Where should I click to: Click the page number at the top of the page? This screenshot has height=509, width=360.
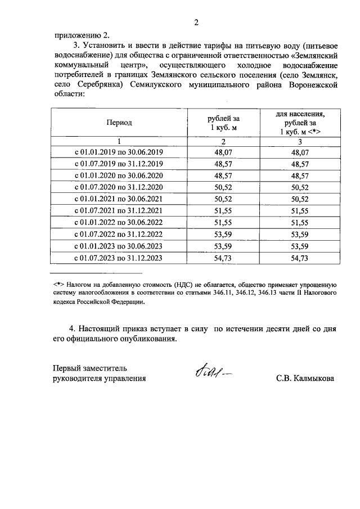click(196, 22)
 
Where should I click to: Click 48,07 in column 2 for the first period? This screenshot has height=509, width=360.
click(223, 152)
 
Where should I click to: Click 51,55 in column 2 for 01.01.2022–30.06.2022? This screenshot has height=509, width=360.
click(223, 223)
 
